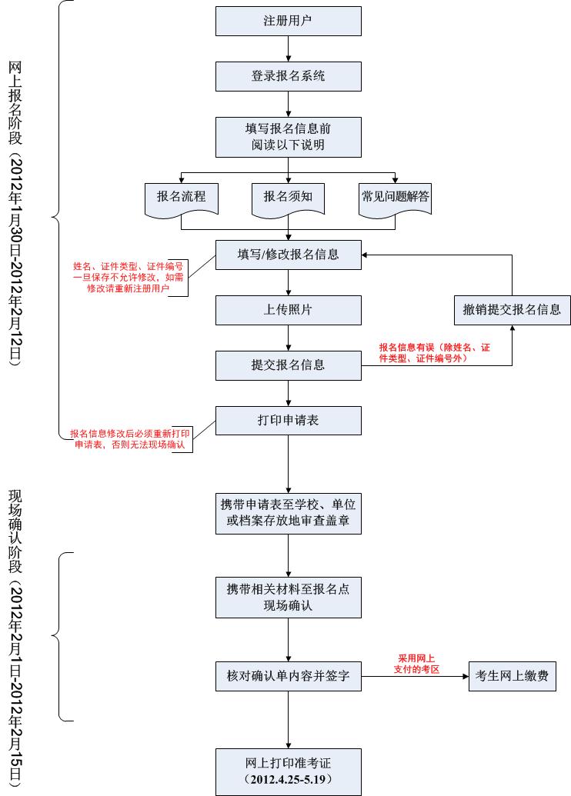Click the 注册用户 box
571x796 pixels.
coord(288,21)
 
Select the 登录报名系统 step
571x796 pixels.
coord(288,76)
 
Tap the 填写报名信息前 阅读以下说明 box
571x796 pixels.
coord(288,136)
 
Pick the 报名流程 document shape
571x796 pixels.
coord(181,198)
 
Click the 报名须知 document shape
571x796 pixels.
coord(288,198)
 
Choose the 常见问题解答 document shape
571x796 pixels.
coord(395,198)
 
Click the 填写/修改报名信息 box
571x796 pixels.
coord(288,255)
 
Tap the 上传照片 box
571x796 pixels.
coord(288,310)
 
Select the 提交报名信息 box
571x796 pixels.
coord(288,365)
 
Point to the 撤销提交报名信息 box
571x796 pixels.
coord(512,310)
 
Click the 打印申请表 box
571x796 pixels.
coord(288,421)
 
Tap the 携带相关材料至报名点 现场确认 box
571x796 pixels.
coord(288,597)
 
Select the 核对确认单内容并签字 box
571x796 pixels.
coord(288,676)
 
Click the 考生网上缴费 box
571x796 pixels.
coord(512,676)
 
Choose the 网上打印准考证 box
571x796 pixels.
coord(288,771)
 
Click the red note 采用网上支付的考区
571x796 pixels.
coord(417,664)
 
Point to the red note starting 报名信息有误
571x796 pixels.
coord(435,353)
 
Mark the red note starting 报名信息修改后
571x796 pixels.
coord(130,439)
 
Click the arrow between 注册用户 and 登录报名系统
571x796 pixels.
coord(288,48)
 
